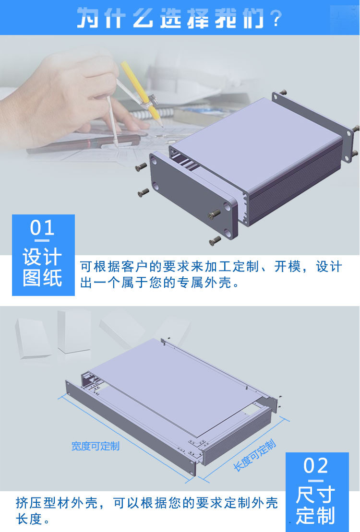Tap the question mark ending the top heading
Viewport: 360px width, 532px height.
pos(275,20)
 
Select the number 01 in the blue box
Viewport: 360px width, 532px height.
pos(43,228)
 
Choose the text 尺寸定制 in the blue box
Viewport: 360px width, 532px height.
pos(316,506)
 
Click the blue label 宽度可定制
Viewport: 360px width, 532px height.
pos(95,446)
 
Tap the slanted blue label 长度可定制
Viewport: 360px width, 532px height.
pos(254,455)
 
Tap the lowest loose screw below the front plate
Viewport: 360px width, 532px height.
pos(215,241)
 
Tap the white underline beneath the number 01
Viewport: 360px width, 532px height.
pos(43,240)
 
